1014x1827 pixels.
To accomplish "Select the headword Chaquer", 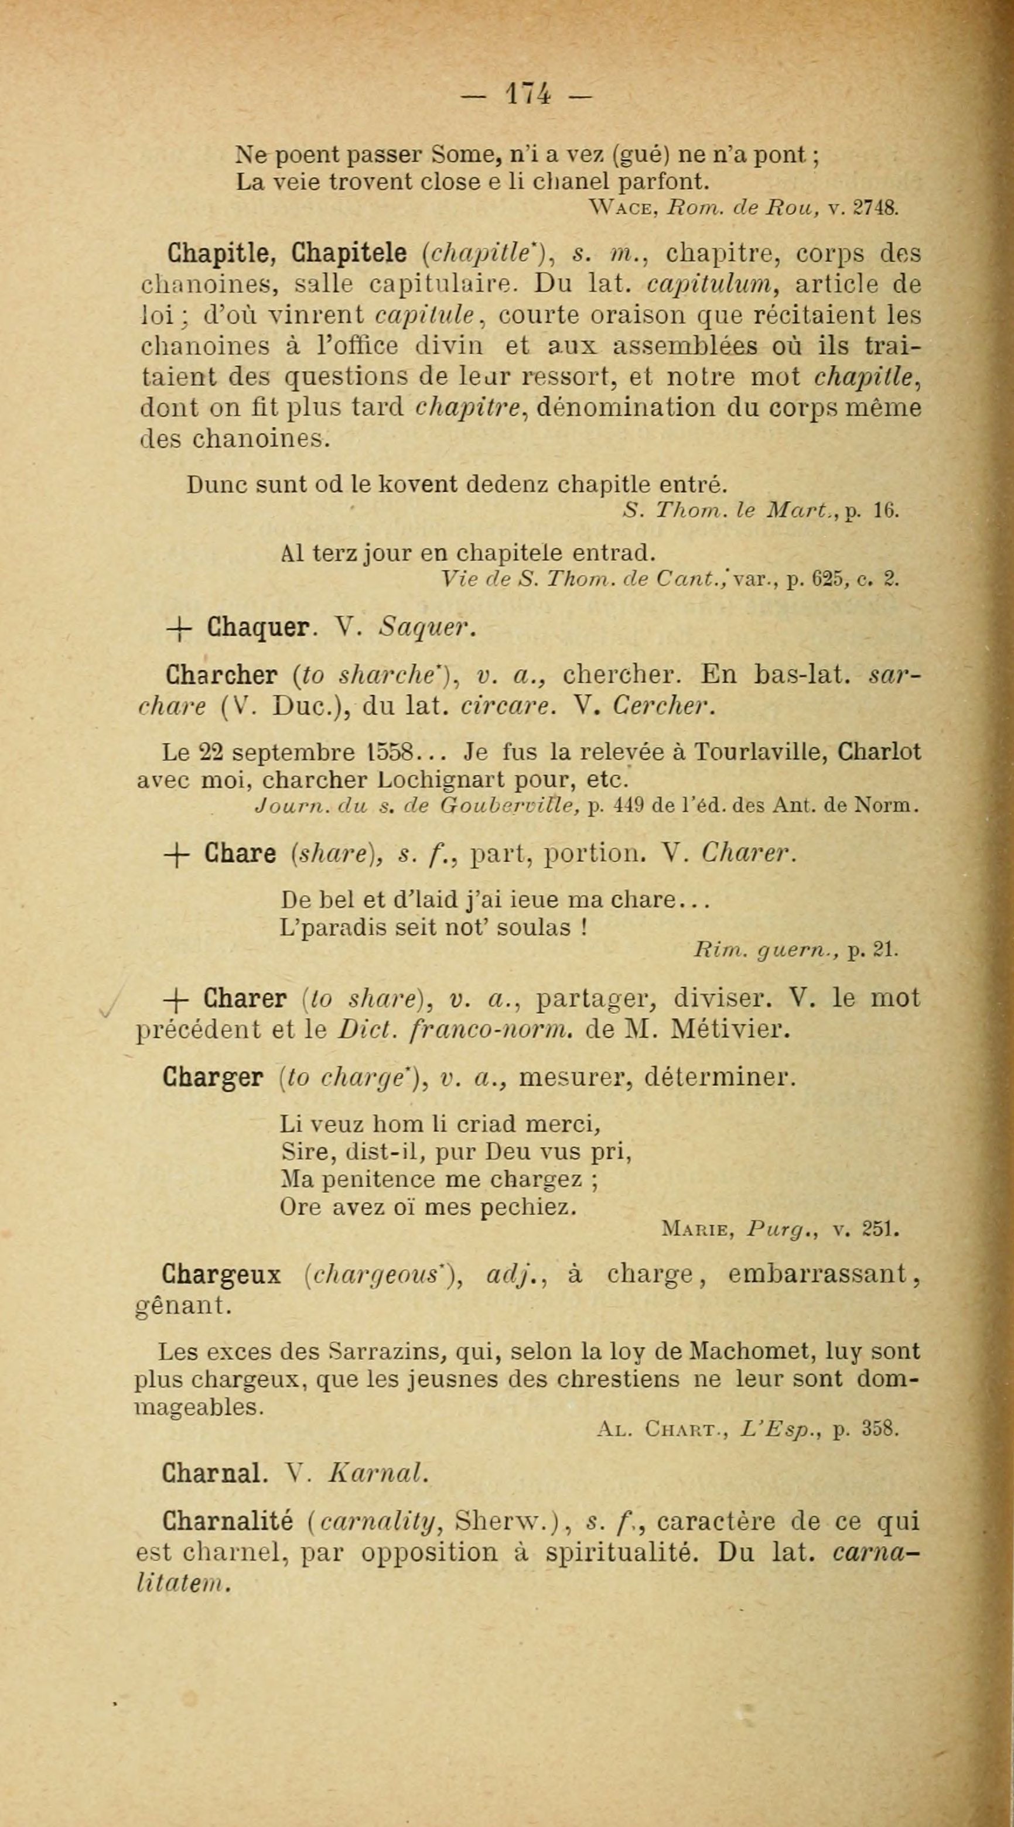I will (258, 627).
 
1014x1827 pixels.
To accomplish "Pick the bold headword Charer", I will (245, 999).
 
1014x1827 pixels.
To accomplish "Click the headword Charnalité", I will (228, 1521).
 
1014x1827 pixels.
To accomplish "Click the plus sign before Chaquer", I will (180, 628).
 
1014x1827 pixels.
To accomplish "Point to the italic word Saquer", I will (424, 627).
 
